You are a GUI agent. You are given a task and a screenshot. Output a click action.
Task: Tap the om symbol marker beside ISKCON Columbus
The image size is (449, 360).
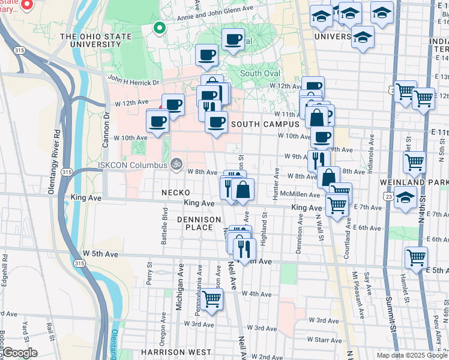176,163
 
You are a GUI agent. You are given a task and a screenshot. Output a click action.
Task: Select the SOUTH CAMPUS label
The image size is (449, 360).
265,124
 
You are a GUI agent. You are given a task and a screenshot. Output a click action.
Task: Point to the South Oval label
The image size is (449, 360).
260,73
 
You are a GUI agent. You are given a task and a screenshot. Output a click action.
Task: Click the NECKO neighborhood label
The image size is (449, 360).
175,193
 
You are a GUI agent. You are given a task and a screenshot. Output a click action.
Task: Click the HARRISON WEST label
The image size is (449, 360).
176,352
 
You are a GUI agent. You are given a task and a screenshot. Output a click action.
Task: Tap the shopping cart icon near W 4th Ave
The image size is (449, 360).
211,299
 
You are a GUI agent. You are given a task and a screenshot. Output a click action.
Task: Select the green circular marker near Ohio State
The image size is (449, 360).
159,27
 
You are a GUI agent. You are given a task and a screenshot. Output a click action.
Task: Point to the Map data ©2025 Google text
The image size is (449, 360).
411,355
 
